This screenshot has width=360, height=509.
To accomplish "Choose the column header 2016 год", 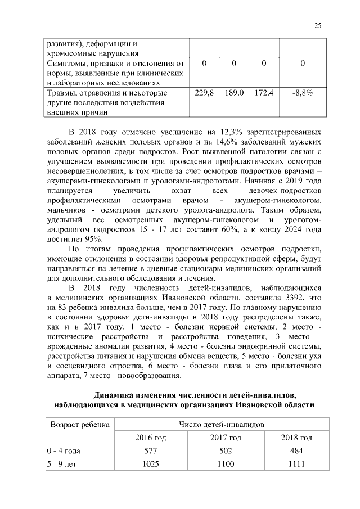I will coord(150,438).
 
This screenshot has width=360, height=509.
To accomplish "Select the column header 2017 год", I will coord(226,438).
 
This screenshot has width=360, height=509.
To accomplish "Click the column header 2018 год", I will coord(296,438).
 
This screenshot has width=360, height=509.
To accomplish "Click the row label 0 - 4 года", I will coord(64,451).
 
